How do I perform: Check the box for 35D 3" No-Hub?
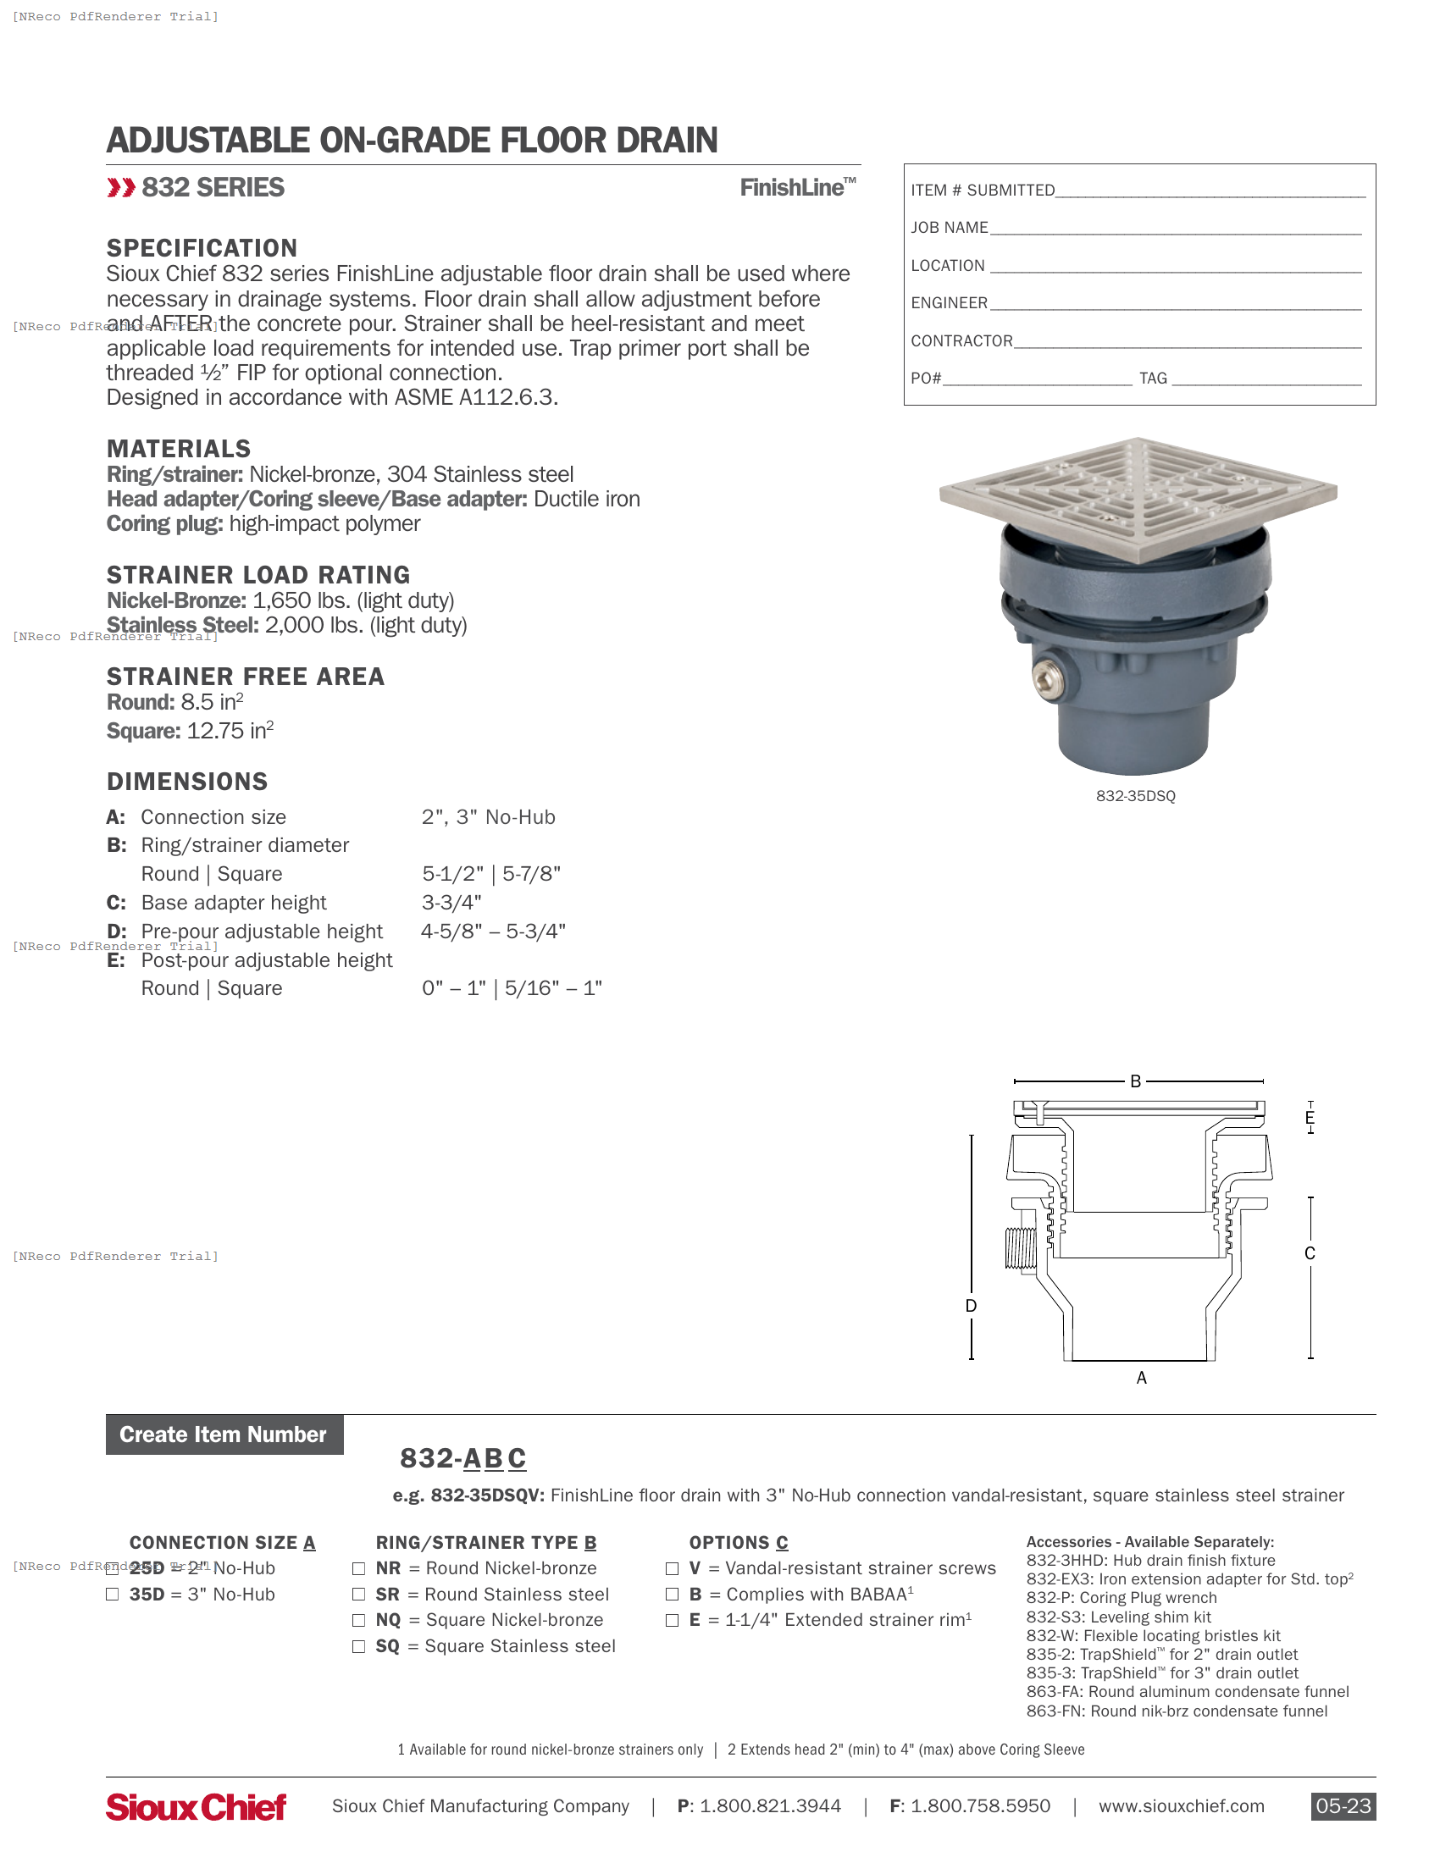[x=112, y=1595]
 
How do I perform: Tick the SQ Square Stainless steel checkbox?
[x=359, y=1646]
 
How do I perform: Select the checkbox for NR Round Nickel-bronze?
[x=359, y=1568]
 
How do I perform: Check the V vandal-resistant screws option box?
[x=673, y=1568]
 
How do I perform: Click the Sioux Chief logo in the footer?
[x=197, y=1807]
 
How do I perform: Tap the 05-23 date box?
[x=1343, y=1806]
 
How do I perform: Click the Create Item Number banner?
[x=224, y=1435]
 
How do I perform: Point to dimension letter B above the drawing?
[x=1135, y=1081]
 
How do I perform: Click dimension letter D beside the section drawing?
[x=971, y=1306]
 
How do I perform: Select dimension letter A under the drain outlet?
[x=1142, y=1378]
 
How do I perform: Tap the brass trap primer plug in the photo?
[x=1048, y=678]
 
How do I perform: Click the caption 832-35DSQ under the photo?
[x=1135, y=796]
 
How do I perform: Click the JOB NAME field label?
[x=949, y=228]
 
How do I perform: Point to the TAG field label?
[x=1153, y=378]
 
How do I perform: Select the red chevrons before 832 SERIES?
[x=121, y=188]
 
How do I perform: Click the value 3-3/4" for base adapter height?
[x=451, y=903]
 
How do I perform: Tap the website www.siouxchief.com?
[x=1181, y=1806]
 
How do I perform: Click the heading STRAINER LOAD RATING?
[x=258, y=575]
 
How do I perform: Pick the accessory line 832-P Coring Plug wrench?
[x=1121, y=1598]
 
